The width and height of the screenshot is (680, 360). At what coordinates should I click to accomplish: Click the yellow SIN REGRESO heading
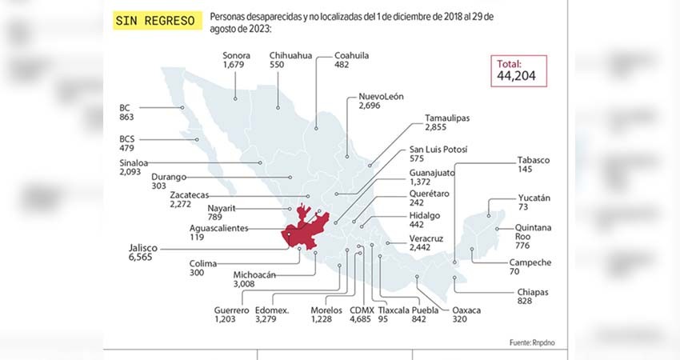(x=156, y=21)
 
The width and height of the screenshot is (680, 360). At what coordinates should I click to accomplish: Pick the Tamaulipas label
(x=447, y=118)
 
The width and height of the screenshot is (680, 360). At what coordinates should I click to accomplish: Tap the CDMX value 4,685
(x=361, y=320)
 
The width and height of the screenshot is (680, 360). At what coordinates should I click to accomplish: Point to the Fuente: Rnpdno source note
(x=530, y=342)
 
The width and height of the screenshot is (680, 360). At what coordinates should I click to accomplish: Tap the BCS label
(x=127, y=138)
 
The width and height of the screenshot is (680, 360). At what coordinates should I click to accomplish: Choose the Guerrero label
(x=232, y=310)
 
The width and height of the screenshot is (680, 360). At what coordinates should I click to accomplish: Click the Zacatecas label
(x=190, y=194)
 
